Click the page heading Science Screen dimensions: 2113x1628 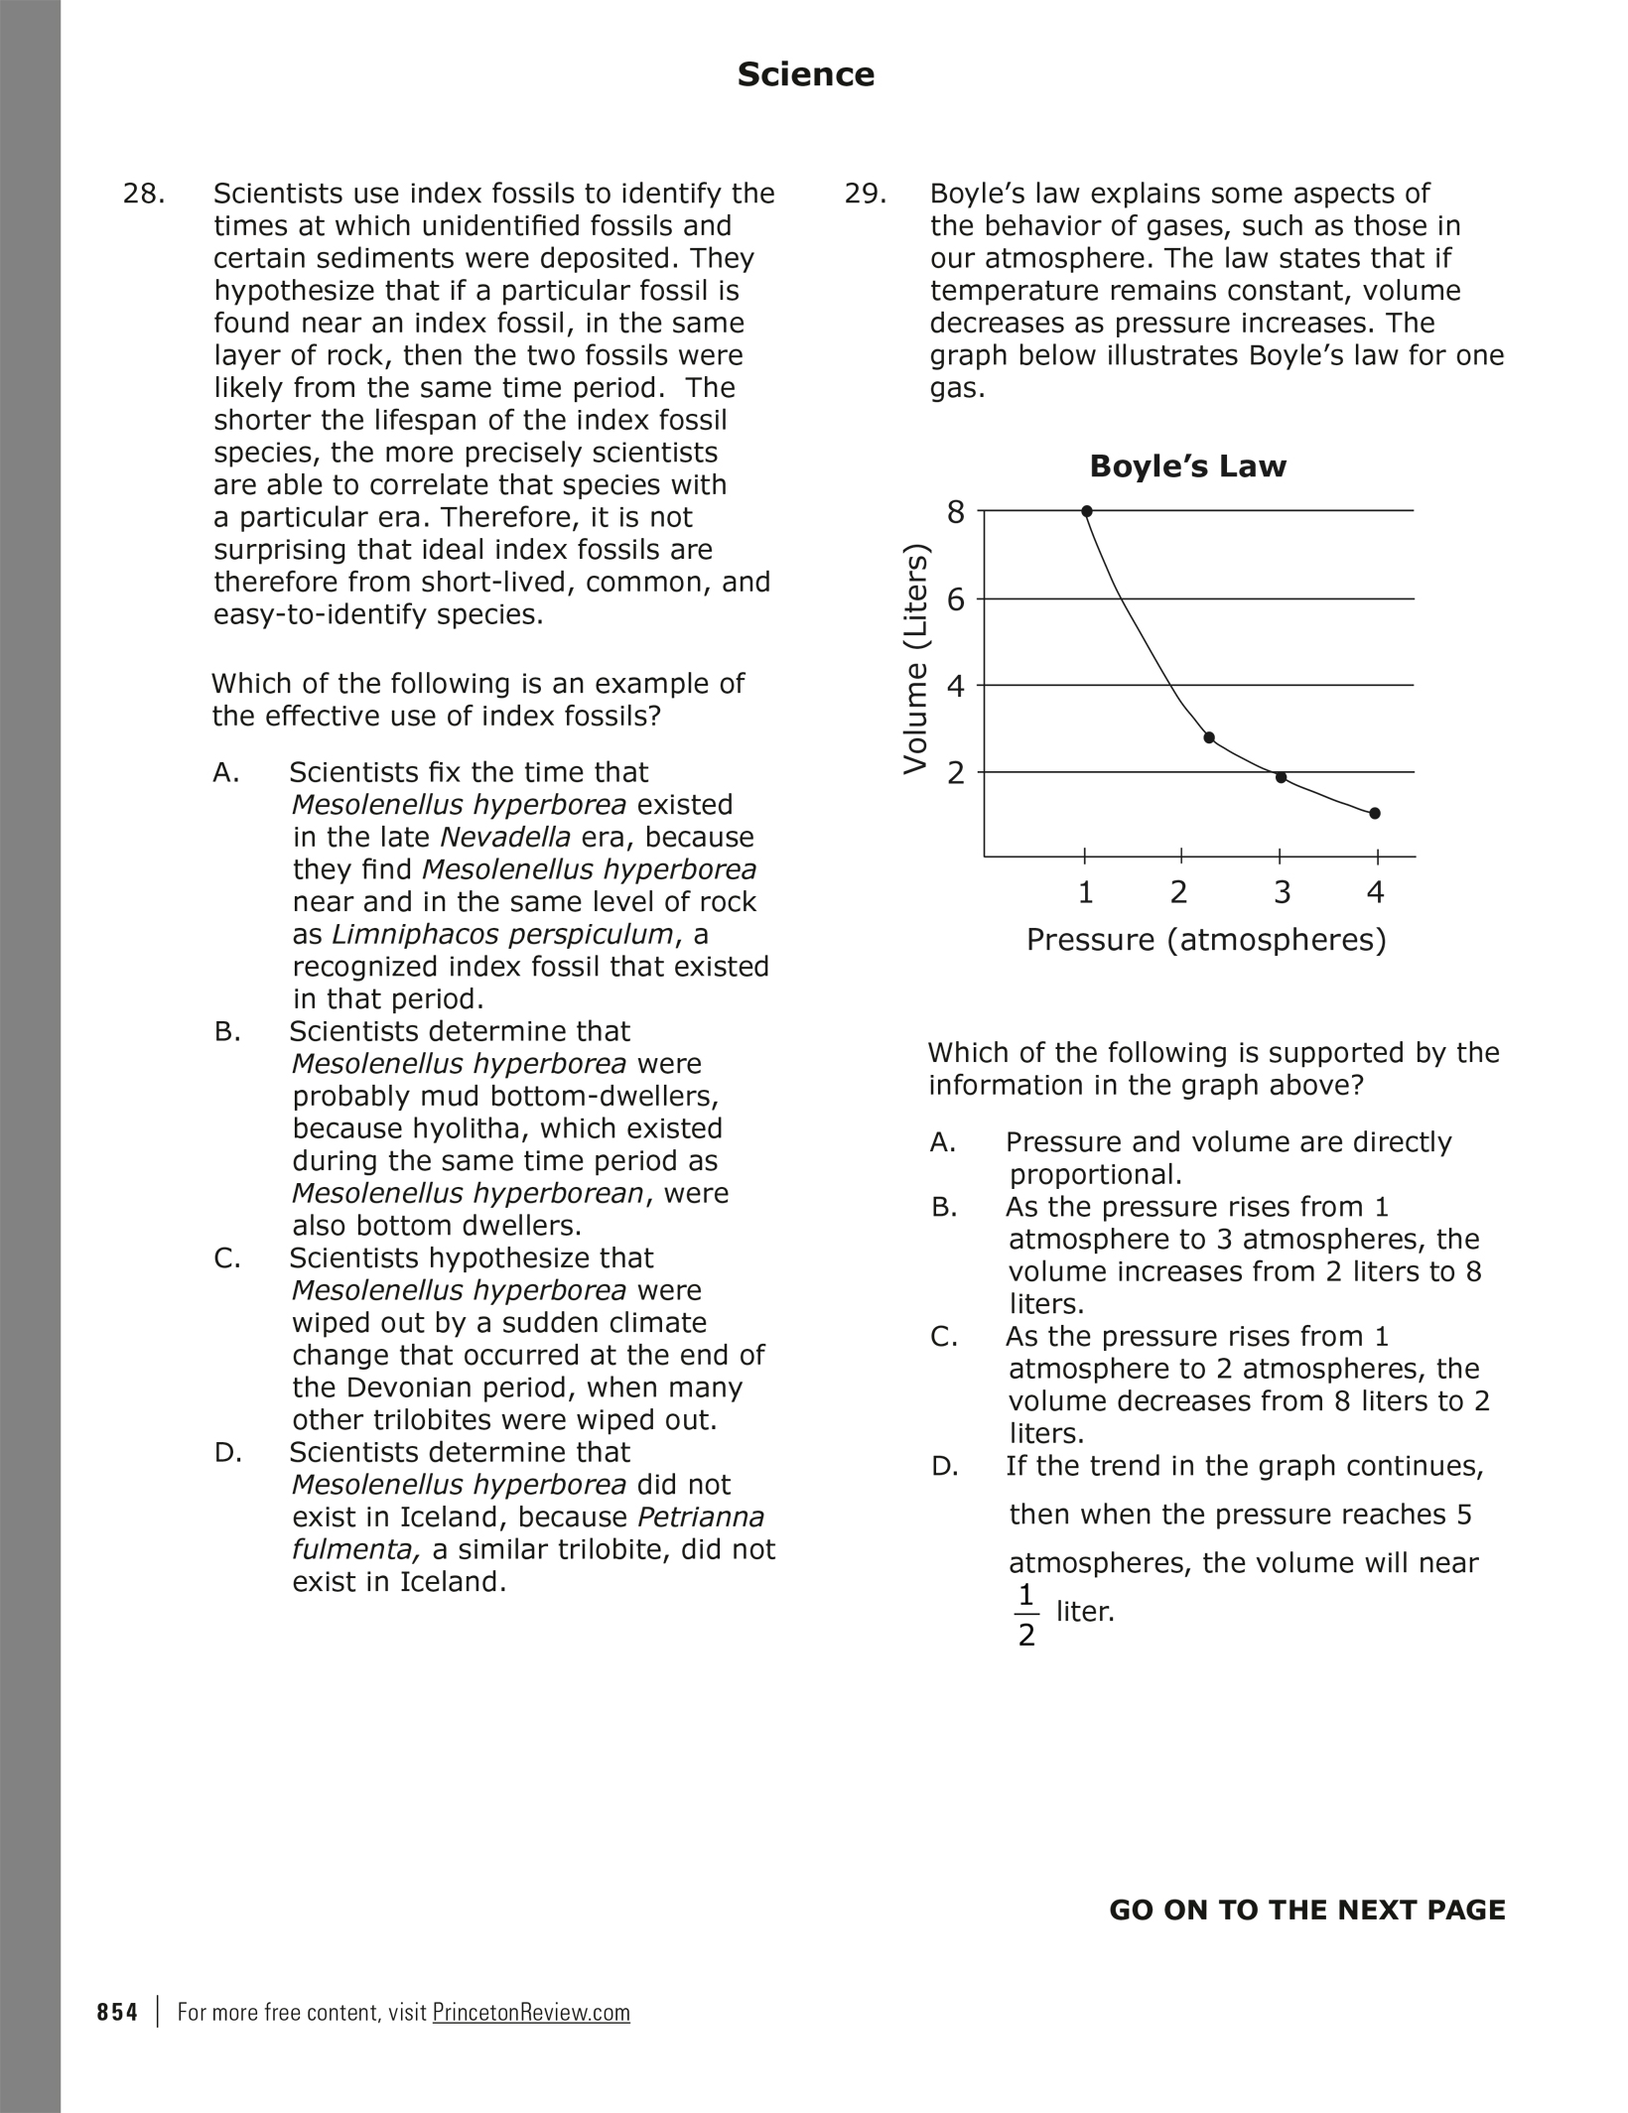805,74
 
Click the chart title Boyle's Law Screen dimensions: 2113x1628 1187,465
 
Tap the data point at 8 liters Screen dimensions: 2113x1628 1087,511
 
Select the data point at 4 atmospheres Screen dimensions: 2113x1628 1375,814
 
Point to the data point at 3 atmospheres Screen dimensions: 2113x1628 1281,777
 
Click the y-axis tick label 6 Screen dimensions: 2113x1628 955,598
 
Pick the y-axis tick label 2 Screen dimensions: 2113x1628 955,772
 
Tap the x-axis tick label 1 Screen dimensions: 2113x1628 1086,892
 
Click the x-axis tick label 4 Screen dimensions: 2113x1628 1375,892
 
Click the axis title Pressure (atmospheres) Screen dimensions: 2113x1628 1206,939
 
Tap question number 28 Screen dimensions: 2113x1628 143,194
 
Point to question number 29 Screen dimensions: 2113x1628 865,194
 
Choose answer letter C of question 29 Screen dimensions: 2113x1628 944,1337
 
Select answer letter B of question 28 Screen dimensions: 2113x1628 227,1032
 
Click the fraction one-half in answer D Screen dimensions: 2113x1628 1026,1615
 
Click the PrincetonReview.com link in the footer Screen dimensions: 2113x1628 531,2012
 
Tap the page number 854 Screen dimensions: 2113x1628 117,2012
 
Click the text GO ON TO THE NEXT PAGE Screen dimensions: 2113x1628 1306,1911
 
